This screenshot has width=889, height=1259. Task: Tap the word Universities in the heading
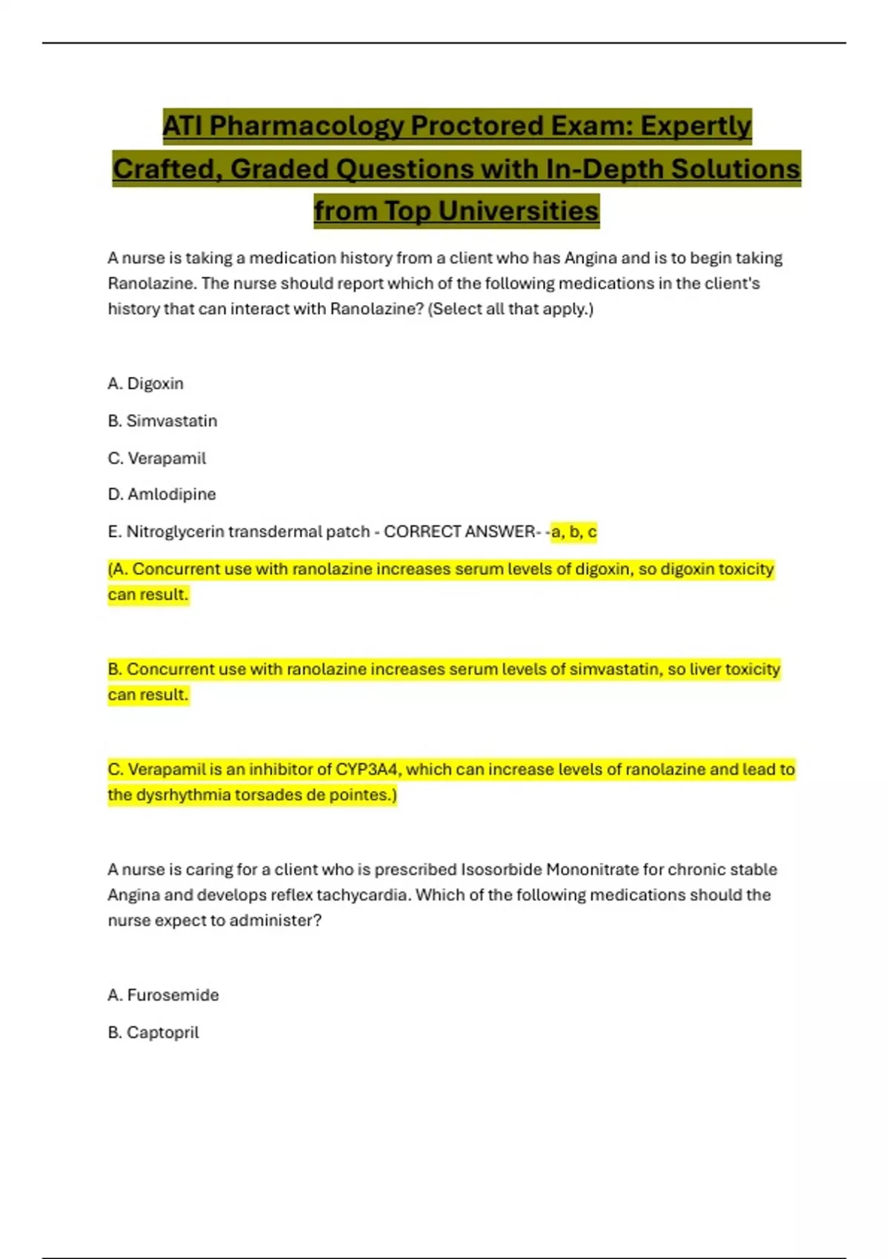(x=518, y=211)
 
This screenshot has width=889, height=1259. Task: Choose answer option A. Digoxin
(x=146, y=384)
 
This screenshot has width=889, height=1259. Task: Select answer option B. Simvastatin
(x=163, y=421)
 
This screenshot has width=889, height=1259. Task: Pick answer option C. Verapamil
(x=157, y=458)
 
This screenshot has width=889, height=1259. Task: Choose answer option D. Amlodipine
(x=162, y=494)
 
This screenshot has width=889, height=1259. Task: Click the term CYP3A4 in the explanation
(x=367, y=769)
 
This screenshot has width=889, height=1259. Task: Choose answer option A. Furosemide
(x=164, y=995)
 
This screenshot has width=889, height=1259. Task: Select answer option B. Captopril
(x=153, y=1032)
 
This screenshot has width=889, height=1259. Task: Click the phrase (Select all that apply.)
(x=510, y=309)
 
